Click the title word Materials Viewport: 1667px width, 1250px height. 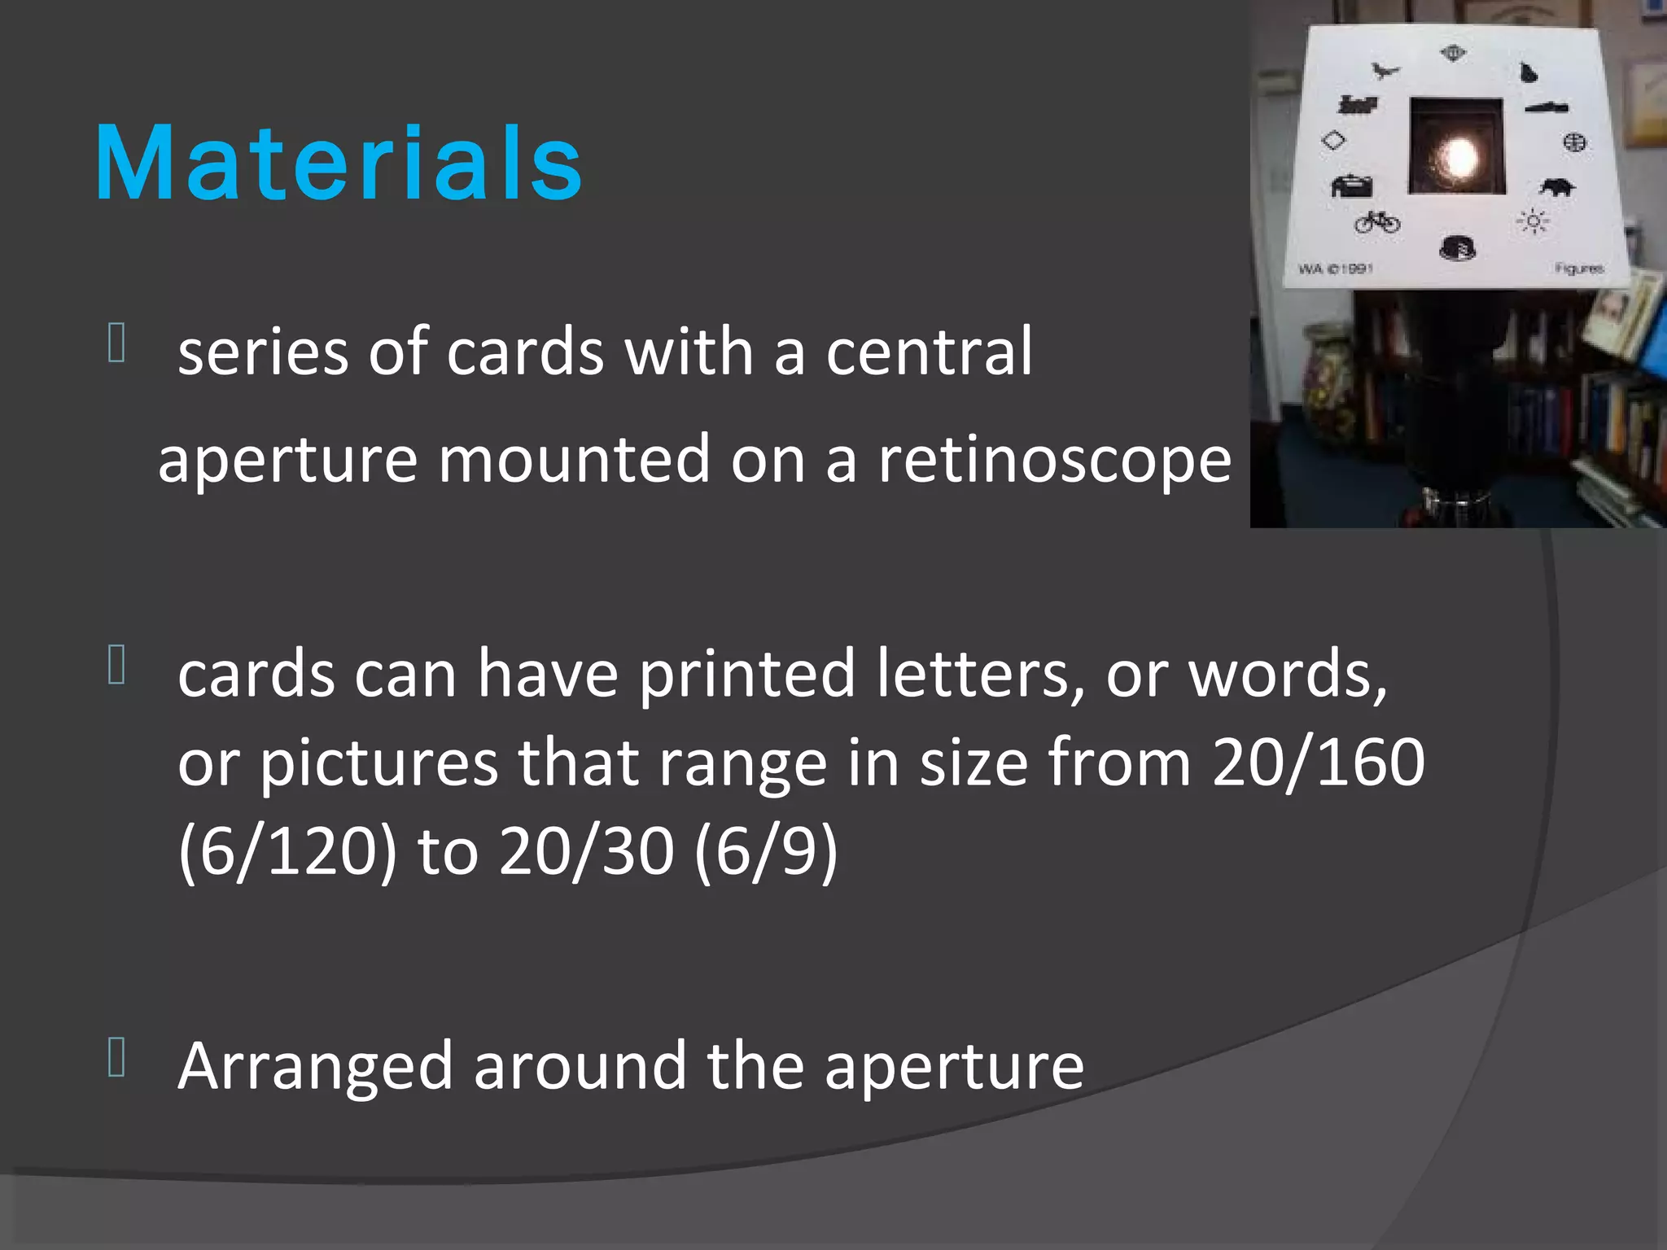coord(338,163)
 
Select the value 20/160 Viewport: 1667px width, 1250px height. coord(1318,763)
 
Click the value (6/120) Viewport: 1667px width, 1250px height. coord(287,851)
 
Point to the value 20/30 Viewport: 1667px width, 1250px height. coord(586,851)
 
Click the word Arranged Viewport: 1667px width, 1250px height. coord(315,1066)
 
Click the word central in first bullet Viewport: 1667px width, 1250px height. coord(929,352)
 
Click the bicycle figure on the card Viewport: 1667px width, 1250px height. coord(1377,221)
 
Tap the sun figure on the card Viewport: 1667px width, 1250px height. coord(1533,221)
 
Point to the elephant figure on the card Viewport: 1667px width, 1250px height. coord(1557,188)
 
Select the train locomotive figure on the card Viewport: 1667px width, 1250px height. coord(1358,104)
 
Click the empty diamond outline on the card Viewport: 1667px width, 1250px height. coord(1333,140)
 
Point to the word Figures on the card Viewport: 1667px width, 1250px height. coord(1578,269)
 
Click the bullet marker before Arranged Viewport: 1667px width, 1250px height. coord(116,1057)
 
